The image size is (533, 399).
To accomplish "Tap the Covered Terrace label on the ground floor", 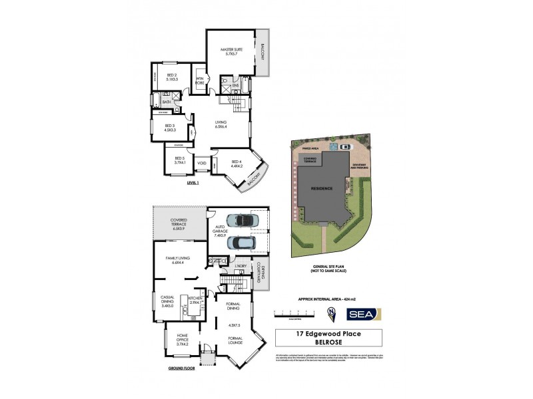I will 179,223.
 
